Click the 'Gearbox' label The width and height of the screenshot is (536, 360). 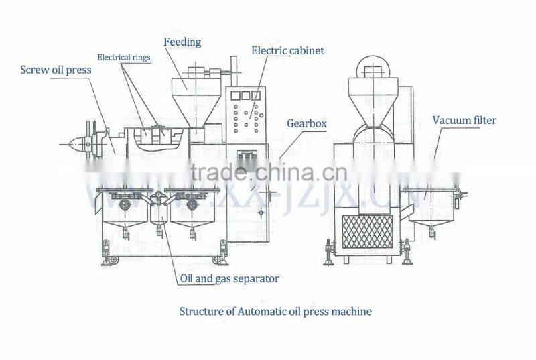pos(307,123)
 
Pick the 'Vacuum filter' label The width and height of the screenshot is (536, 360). pos(464,121)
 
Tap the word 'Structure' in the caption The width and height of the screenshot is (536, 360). pos(199,312)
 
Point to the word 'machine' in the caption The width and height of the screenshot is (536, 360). pos(353,312)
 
